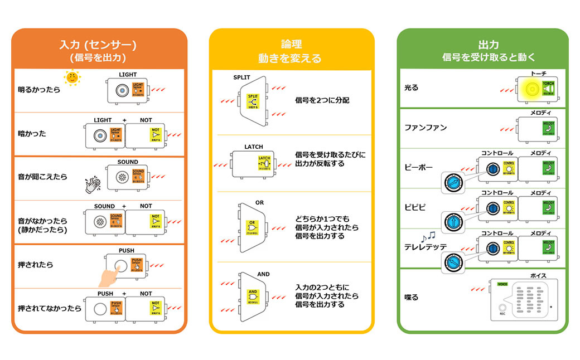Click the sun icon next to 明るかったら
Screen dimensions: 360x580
pos(72,77)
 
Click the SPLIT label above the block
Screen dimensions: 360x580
pos(241,77)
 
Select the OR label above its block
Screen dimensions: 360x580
pos(259,203)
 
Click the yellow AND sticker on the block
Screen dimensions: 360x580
pos(253,294)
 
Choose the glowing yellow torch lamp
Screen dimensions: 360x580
pos(530,89)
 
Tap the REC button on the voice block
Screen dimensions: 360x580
pos(502,307)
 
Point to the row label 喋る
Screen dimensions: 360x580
pos(411,297)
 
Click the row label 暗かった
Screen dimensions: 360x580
pos(32,134)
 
